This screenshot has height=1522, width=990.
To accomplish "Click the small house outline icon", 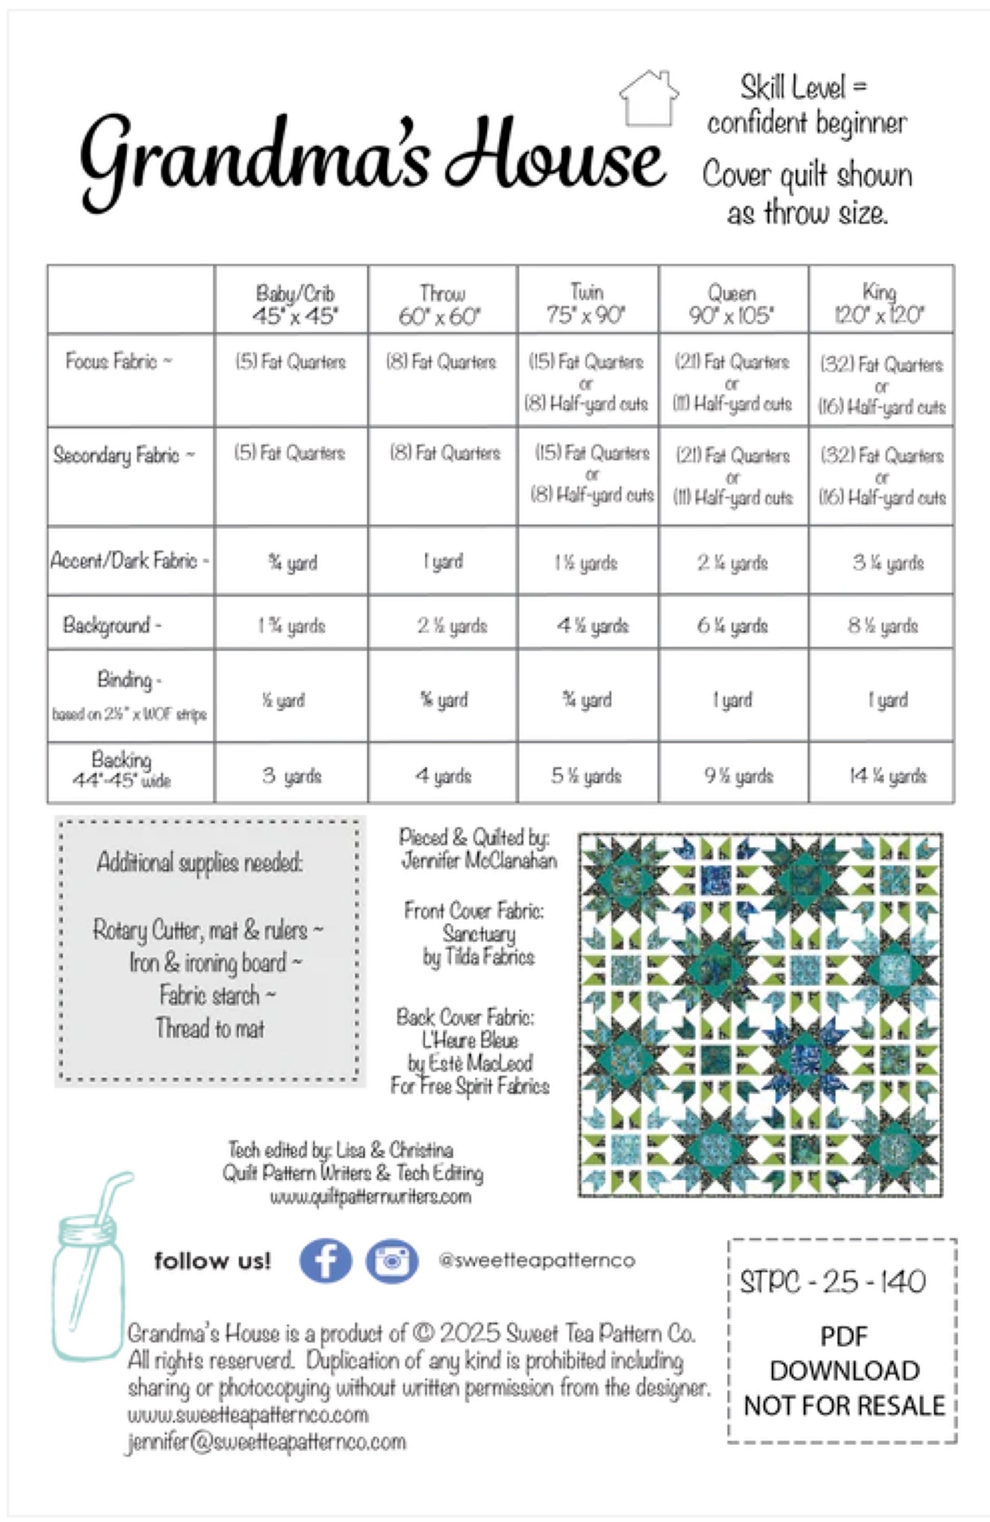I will (x=648, y=99).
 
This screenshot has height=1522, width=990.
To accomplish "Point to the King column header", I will (x=880, y=303).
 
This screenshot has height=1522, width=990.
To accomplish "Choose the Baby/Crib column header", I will (x=294, y=303).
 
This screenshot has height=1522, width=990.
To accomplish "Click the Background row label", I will (x=112, y=624).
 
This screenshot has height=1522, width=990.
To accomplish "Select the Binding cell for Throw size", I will (x=444, y=699).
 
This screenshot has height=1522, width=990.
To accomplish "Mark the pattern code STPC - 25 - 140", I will (x=833, y=1281).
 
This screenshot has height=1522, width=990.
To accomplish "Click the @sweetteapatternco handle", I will (x=536, y=1260).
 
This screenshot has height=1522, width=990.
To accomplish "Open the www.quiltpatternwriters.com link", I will (x=370, y=1196).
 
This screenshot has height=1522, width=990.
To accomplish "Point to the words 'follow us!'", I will (x=213, y=1260).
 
